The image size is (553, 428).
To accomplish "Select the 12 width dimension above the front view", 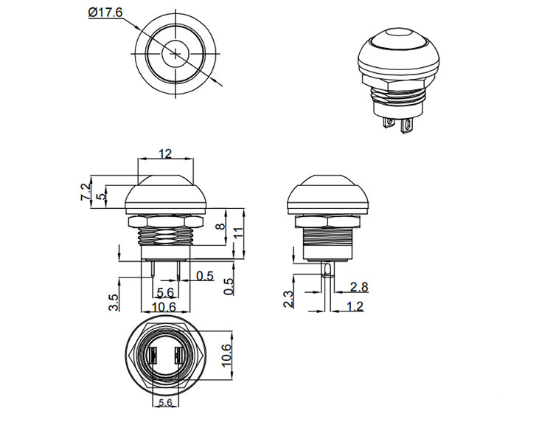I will coord(164,153).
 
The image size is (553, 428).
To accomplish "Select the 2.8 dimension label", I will coord(360,286).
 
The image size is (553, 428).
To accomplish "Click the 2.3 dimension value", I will coord(288,298).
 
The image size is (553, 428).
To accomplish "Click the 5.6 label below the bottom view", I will coord(164,403).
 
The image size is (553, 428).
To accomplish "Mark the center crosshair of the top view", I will coord(176,53).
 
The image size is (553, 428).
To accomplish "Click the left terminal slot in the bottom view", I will coord(153,359).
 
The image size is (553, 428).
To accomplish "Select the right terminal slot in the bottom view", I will coord(177,359).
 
